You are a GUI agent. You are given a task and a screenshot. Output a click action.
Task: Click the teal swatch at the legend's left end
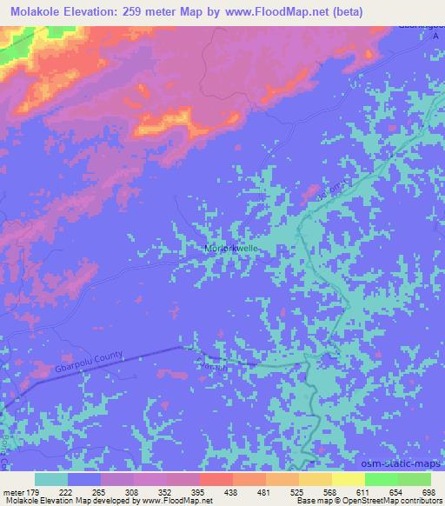(51, 479)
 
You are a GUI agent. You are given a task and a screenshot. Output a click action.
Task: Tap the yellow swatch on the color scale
(348, 479)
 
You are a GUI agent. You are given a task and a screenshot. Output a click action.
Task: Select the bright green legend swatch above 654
(381, 479)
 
